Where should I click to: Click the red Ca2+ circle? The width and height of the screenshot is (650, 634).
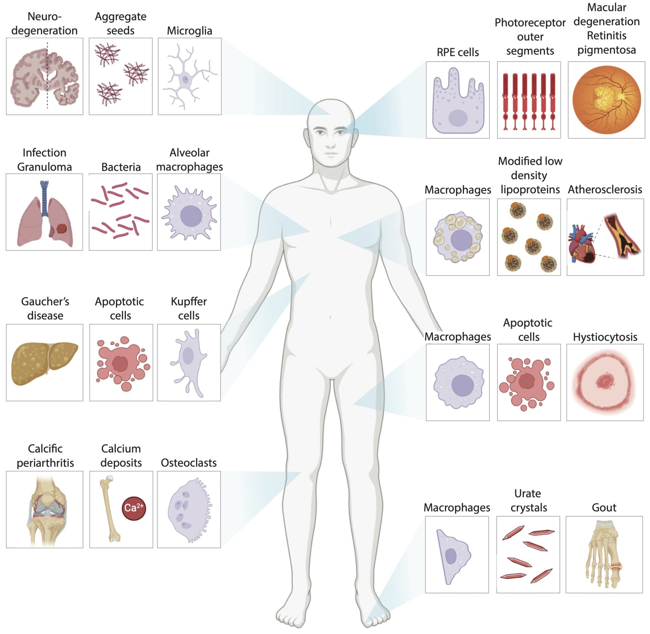(x=134, y=508)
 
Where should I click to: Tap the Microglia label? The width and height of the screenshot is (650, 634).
(x=189, y=30)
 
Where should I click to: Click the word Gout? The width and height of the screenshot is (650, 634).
(x=604, y=507)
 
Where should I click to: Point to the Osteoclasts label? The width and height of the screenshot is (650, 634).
(x=189, y=463)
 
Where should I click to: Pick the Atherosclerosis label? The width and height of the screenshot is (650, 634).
(x=605, y=190)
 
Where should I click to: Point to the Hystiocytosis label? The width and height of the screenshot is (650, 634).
(x=605, y=337)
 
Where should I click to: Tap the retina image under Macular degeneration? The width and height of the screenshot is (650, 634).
(x=607, y=100)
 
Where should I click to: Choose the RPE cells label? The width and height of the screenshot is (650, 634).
(x=458, y=52)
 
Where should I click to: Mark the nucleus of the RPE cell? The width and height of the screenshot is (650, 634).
(x=458, y=118)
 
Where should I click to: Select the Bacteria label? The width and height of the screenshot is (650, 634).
(x=121, y=167)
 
